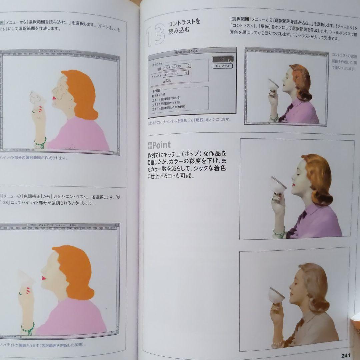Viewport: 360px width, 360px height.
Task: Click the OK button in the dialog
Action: (x=222, y=59)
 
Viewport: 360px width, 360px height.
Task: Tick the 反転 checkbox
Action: (x=164, y=81)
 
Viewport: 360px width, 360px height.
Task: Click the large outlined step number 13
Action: (x=156, y=35)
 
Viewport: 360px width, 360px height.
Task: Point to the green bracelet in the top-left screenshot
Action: (x=40, y=143)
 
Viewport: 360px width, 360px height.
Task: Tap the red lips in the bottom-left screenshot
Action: (x=43, y=278)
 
